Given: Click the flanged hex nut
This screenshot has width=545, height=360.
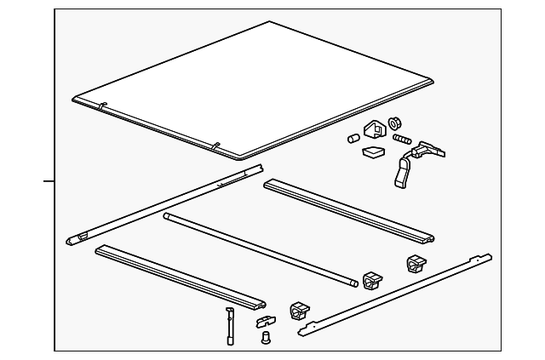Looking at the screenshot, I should tap(394, 124).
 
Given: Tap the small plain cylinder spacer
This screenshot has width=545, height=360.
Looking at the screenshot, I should tap(351, 139).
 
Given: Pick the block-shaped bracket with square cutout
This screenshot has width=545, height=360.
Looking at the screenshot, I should tap(374, 130).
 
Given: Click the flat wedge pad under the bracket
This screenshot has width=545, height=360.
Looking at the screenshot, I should tap(372, 153).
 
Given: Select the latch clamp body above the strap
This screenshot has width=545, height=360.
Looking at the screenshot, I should tap(426, 151).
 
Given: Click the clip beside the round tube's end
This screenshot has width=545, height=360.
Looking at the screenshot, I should tap(372, 280).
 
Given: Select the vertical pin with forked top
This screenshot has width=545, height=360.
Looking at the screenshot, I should tap(229, 324).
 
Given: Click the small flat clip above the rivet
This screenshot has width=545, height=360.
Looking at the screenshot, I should tap(265, 323).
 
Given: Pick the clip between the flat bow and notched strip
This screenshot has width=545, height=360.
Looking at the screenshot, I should tap(300, 311).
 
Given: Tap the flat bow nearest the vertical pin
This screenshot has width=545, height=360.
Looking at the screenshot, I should tap(179, 276).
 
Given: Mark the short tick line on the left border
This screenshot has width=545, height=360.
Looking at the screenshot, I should tap(49, 181).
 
